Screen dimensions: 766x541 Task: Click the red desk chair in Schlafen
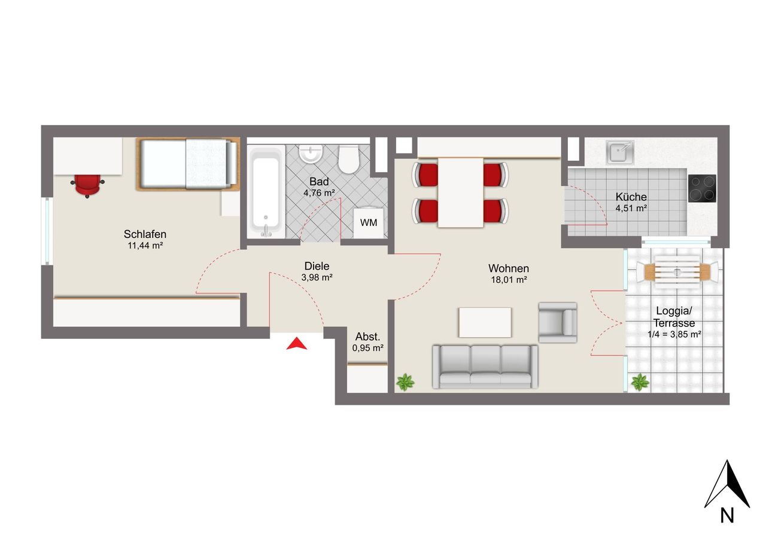coord(87,186)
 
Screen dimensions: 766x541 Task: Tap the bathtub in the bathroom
coord(266,192)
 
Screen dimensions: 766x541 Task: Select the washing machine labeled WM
coord(368,222)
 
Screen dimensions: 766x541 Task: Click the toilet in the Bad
coord(348,159)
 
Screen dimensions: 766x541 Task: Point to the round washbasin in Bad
coord(311,154)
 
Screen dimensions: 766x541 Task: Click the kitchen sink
coord(620,152)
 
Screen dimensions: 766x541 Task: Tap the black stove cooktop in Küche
coord(702,188)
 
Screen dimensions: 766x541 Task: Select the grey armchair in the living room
coord(558,322)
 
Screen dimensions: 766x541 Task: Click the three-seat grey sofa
coord(485,367)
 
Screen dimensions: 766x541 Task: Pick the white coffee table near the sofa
coord(485,322)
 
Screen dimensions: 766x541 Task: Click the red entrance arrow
coord(296,344)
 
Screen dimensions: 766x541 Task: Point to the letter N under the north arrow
coord(727,516)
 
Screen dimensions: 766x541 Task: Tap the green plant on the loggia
coord(640,382)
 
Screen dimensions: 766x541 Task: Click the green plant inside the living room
coord(405,382)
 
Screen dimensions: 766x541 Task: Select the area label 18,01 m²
coord(509,280)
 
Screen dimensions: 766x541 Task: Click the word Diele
coord(317,266)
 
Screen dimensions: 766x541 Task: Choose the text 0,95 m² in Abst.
coord(367,348)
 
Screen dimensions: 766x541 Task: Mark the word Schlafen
coord(145,234)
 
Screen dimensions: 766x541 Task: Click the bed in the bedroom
coord(188,164)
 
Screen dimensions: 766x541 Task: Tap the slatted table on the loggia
coord(677,272)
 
